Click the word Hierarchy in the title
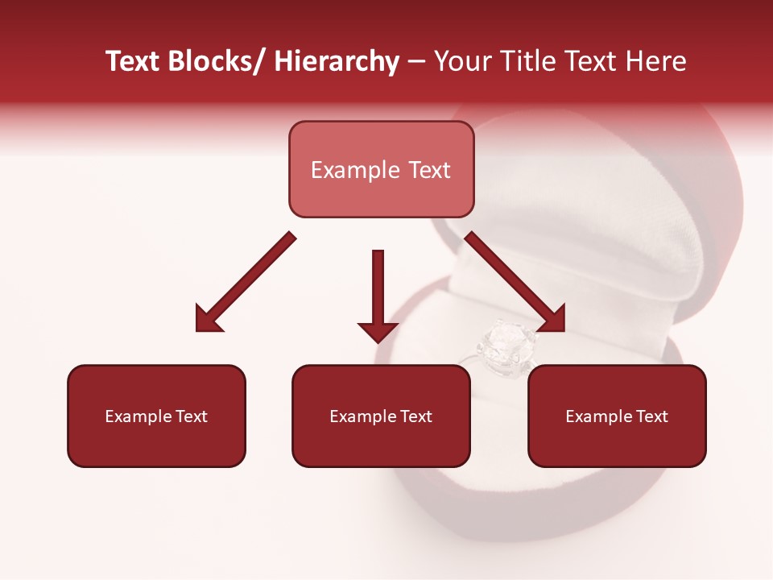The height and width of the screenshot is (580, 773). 337,62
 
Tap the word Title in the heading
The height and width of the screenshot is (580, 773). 527,62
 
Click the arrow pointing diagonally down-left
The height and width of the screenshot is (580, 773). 246,282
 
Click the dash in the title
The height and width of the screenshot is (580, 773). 416,62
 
